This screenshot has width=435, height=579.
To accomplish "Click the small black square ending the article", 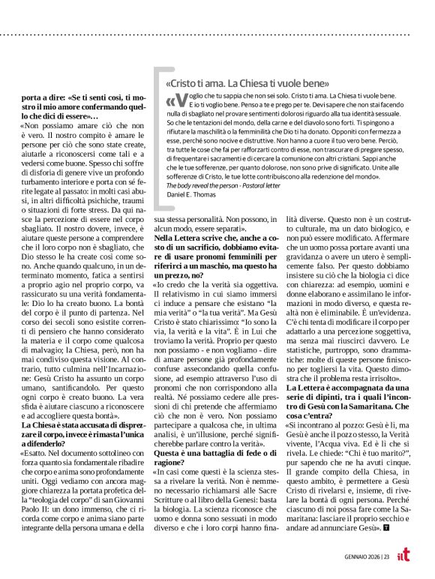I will [x=386, y=527].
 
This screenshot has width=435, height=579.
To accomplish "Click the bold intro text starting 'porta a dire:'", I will [x=80, y=106].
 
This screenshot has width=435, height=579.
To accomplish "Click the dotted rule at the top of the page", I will [x=217, y=36].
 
